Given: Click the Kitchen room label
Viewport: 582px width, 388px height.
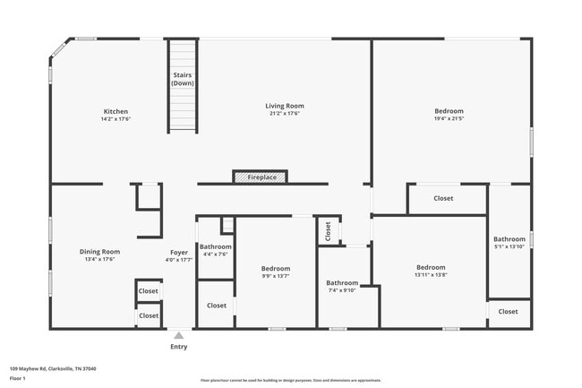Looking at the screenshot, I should (116, 111).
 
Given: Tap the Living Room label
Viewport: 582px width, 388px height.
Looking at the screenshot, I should (285, 106).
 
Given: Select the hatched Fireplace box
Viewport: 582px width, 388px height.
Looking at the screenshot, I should (261, 177).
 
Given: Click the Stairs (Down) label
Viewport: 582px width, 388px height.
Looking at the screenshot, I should (183, 79).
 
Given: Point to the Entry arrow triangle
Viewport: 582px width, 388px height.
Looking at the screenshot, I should (179, 336).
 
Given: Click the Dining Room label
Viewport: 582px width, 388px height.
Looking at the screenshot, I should (99, 252).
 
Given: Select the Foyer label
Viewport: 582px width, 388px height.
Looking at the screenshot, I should (179, 252).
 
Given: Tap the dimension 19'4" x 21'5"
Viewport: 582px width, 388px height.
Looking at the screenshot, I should (449, 118).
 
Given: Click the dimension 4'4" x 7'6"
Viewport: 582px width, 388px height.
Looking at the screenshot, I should (215, 254).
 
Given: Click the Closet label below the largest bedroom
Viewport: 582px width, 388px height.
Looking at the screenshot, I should (443, 198).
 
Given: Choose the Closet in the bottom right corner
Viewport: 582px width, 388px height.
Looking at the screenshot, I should (508, 312).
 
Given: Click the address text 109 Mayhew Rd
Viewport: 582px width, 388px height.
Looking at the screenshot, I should (53, 368).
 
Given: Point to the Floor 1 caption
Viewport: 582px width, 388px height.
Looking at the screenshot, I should (18, 378).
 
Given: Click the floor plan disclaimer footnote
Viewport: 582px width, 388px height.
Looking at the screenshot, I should (291, 380).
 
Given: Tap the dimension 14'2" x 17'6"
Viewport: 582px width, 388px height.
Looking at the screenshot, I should (116, 118).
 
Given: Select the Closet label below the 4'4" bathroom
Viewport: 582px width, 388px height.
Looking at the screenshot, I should (216, 306).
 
